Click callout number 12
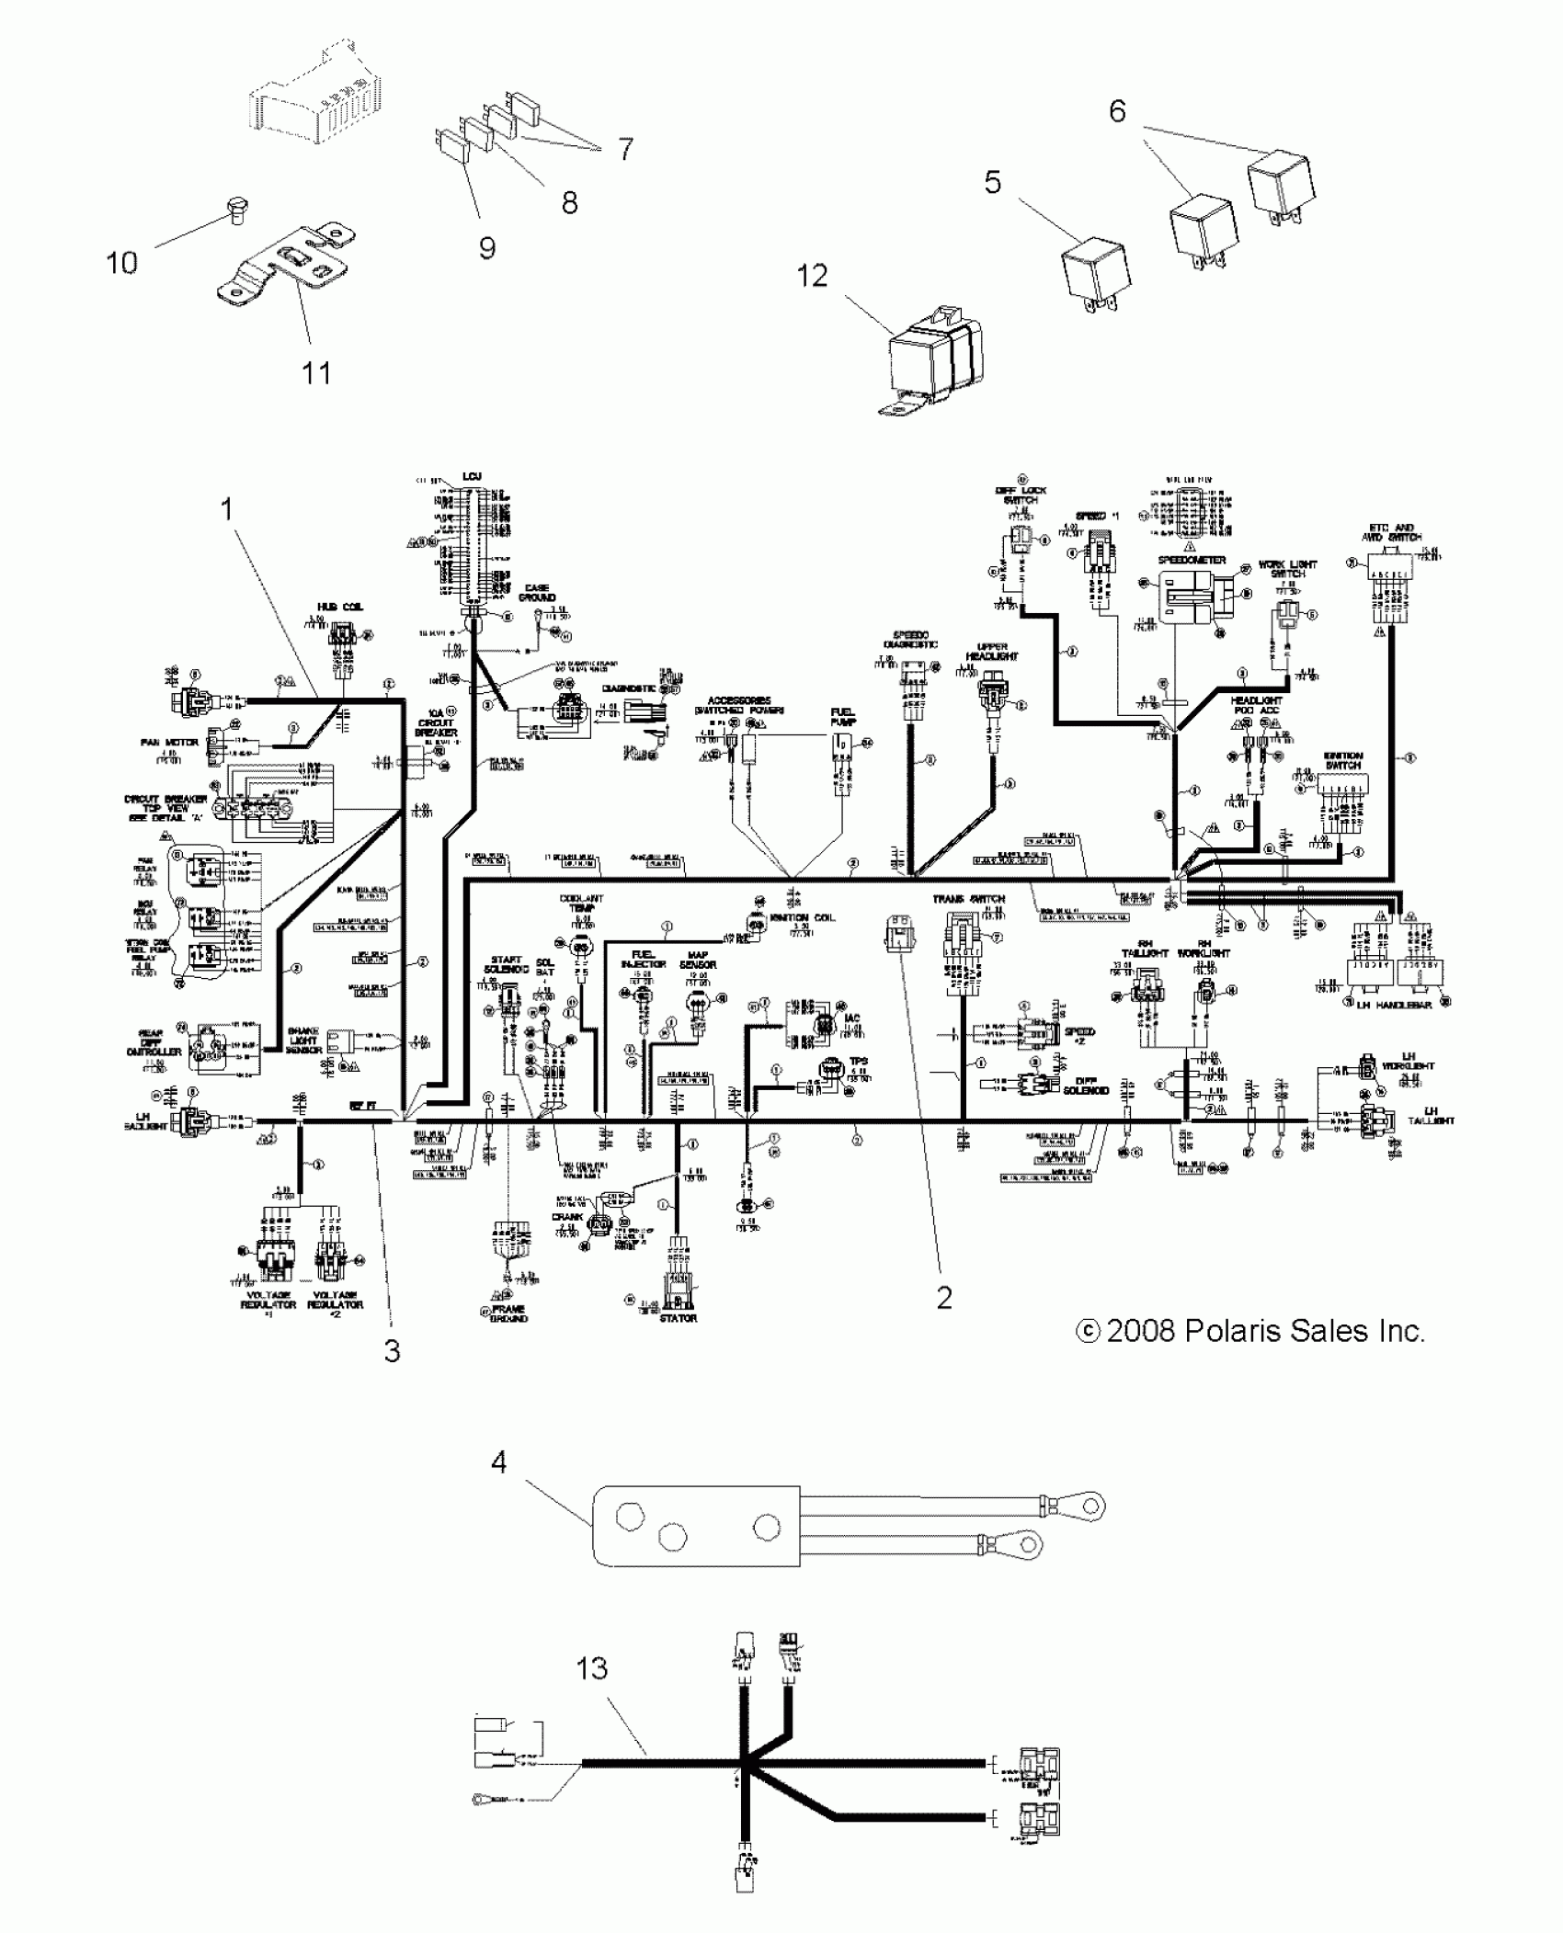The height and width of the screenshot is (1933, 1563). click(x=812, y=277)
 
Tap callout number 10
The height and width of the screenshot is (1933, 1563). click(x=121, y=263)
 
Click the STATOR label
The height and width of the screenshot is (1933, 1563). click(x=679, y=1319)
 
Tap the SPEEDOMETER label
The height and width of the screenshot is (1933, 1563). click(x=1192, y=560)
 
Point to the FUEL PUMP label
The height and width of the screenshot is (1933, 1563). click(x=842, y=718)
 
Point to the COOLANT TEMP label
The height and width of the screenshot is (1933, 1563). click(x=581, y=904)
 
